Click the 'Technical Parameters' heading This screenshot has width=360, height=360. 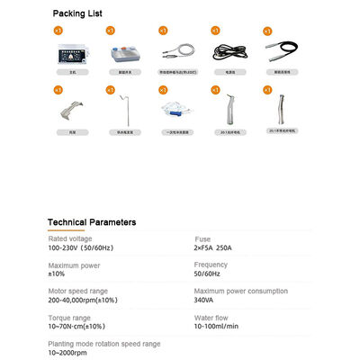pos(92,221)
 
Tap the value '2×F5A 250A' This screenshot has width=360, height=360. pos(220,246)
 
